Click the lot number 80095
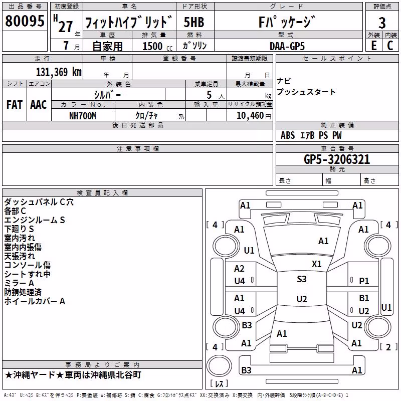[25, 21]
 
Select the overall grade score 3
[382, 23]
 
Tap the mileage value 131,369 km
[59, 72]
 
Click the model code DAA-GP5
[287, 46]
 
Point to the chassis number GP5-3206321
[337, 159]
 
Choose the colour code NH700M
[83, 116]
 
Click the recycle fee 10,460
[250, 116]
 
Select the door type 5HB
[194, 22]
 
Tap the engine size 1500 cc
[157, 46]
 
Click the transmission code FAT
[15, 105]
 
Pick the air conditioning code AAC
[39, 105]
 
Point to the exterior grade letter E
[373, 46]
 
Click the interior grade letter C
[390, 46]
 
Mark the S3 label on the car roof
[302, 279]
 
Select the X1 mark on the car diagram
[316, 264]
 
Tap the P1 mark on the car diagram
[364, 281]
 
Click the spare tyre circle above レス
[219, 366]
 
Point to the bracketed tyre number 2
[388, 347]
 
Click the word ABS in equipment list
[288, 135]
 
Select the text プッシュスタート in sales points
[306, 92]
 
